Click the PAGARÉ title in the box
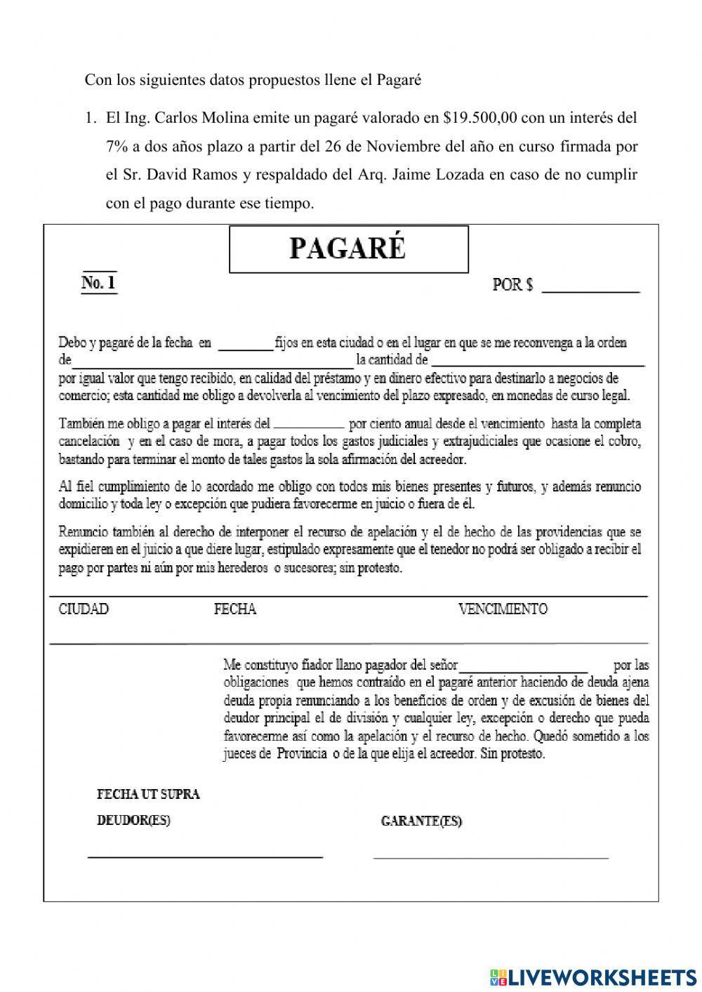(348, 249)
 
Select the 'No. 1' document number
(99, 283)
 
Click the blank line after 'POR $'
(590, 287)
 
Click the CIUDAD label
(84, 609)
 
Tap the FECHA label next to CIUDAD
(234, 609)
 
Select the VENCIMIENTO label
(503, 609)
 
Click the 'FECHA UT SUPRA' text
(148, 794)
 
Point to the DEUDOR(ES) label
(133, 820)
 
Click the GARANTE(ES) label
(421, 821)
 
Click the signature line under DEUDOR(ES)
(205, 856)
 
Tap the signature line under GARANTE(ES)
(491, 857)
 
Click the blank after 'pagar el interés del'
(309, 426)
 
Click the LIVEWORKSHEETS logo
(593, 977)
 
